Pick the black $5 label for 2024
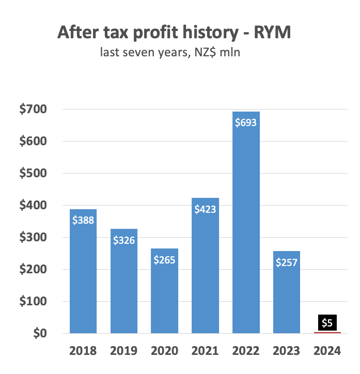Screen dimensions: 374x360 click(x=327, y=323)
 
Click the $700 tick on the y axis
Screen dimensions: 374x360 click(x=33, y=110)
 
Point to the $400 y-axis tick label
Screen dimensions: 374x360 click(x=33, y=206)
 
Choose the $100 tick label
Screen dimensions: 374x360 click(x=33, y=301)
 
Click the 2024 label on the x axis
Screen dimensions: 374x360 click(x=327, y=351)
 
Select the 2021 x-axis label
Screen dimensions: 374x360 click(x=205, y=351)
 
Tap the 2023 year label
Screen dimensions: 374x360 click(x=287, y=351)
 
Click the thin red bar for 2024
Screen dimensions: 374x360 click(x=327, y=332)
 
